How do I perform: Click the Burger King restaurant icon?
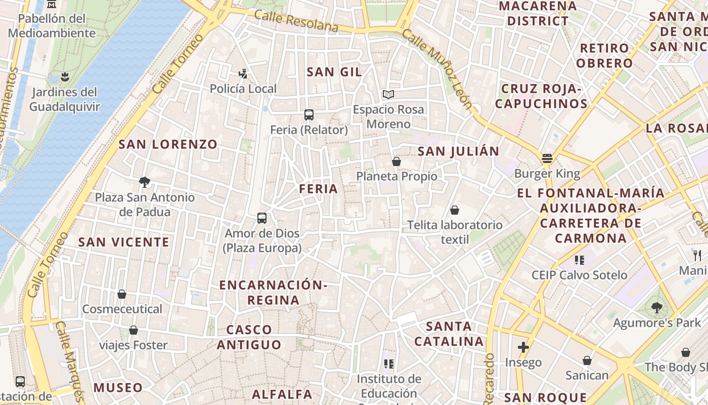[x=547, y=158]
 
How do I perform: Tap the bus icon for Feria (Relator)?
[x=309, y=115]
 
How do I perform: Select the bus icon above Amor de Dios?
[x=262, y=218]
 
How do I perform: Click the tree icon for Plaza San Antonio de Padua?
[x=145, y=182]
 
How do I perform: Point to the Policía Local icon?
[x=243, y=74]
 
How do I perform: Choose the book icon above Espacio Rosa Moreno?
[x=388, y=94]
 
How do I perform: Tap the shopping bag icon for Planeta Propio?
[x=396, y=161]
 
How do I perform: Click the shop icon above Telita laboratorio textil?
[x=455, y=210]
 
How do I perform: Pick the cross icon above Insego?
[x=523, y=348]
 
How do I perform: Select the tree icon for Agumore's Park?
[x=657, y=308]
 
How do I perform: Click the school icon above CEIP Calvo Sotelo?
[x=580, y=260]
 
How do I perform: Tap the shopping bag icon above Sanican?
[x=587, y=360]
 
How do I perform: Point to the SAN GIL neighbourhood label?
[x=334, y=72]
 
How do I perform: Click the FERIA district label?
[x=318, y=189]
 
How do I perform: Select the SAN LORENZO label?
[x=168, y=144]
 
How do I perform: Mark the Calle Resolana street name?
[x=296, y=21]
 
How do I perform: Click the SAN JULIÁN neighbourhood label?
[x=459, y=151]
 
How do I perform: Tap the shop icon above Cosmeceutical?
[x=122, y=294]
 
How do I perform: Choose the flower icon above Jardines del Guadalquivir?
[x=64, y=77]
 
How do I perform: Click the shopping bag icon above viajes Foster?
[x=134, y=331]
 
